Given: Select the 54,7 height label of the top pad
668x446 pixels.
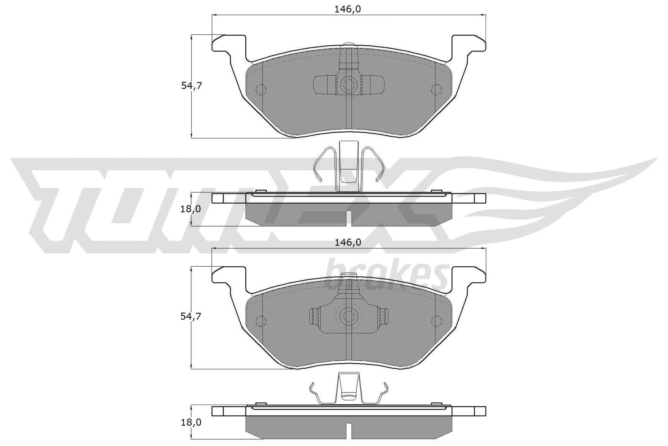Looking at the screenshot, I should [x=191, y=86].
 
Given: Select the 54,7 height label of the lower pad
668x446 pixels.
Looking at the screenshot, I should [x=191, y=316].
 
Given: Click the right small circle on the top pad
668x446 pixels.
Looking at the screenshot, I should [x=436, y=89].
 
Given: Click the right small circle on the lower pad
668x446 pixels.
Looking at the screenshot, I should [x=436, y=321].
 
